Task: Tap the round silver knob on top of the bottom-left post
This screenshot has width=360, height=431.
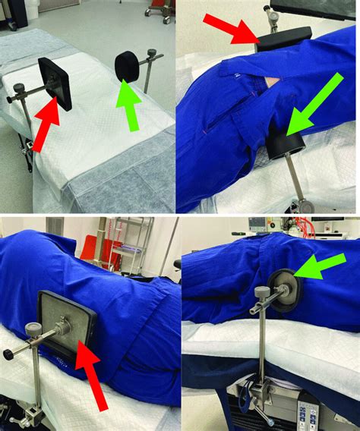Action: pyautogui.click(x=34, y=329)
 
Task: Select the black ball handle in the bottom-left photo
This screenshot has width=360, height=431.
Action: pyautogui.click(x=9, y=354)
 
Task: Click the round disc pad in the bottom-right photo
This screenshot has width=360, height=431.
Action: pyautogui.click(x=285, y=289)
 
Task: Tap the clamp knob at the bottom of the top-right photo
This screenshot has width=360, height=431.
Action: pyautogui.click(x=306, y=205)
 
